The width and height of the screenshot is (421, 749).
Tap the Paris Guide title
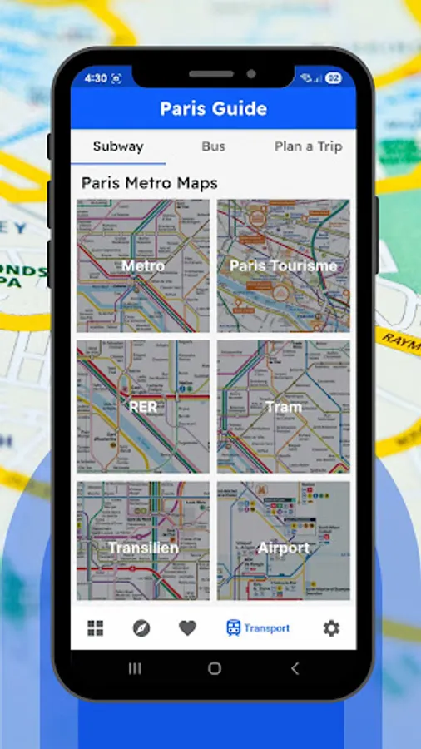pyautogui.click(x=213, y=108)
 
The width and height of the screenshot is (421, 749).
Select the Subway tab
pyautogui.click(x=118, y=146)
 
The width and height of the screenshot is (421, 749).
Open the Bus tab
pyautogui.click(x=213, y=146)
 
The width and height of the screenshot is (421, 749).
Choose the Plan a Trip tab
pyautogui.click(x=308, y=146)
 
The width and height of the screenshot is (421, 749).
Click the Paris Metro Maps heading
pyautogui.click(x=150, y=183)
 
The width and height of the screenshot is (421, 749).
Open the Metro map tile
pyautogui.click(x=143, y=265)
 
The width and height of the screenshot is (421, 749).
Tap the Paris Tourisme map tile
pyautogui.click(x=284, y=265)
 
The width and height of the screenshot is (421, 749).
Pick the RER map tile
pyautogui.click(x=143, y=407)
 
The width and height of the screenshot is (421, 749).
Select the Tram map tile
pyautogui.click(x=284, y=407)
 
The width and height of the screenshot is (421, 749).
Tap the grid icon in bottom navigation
pyautogui.click(x=96, y=628)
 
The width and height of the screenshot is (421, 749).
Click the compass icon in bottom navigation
pyautogui.click(x=141, y=628)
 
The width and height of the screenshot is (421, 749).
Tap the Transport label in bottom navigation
pyautogui.click(x=266, y=628)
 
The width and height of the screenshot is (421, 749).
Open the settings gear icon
pyautogui.click(x=331, y=628)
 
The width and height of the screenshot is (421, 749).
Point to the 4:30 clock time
pyautogui.click(x=96, y=78)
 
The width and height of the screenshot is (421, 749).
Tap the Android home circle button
pyautogui.click(x=215, y=668)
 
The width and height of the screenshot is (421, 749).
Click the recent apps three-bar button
pyautogui.click(x=135, y=668)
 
